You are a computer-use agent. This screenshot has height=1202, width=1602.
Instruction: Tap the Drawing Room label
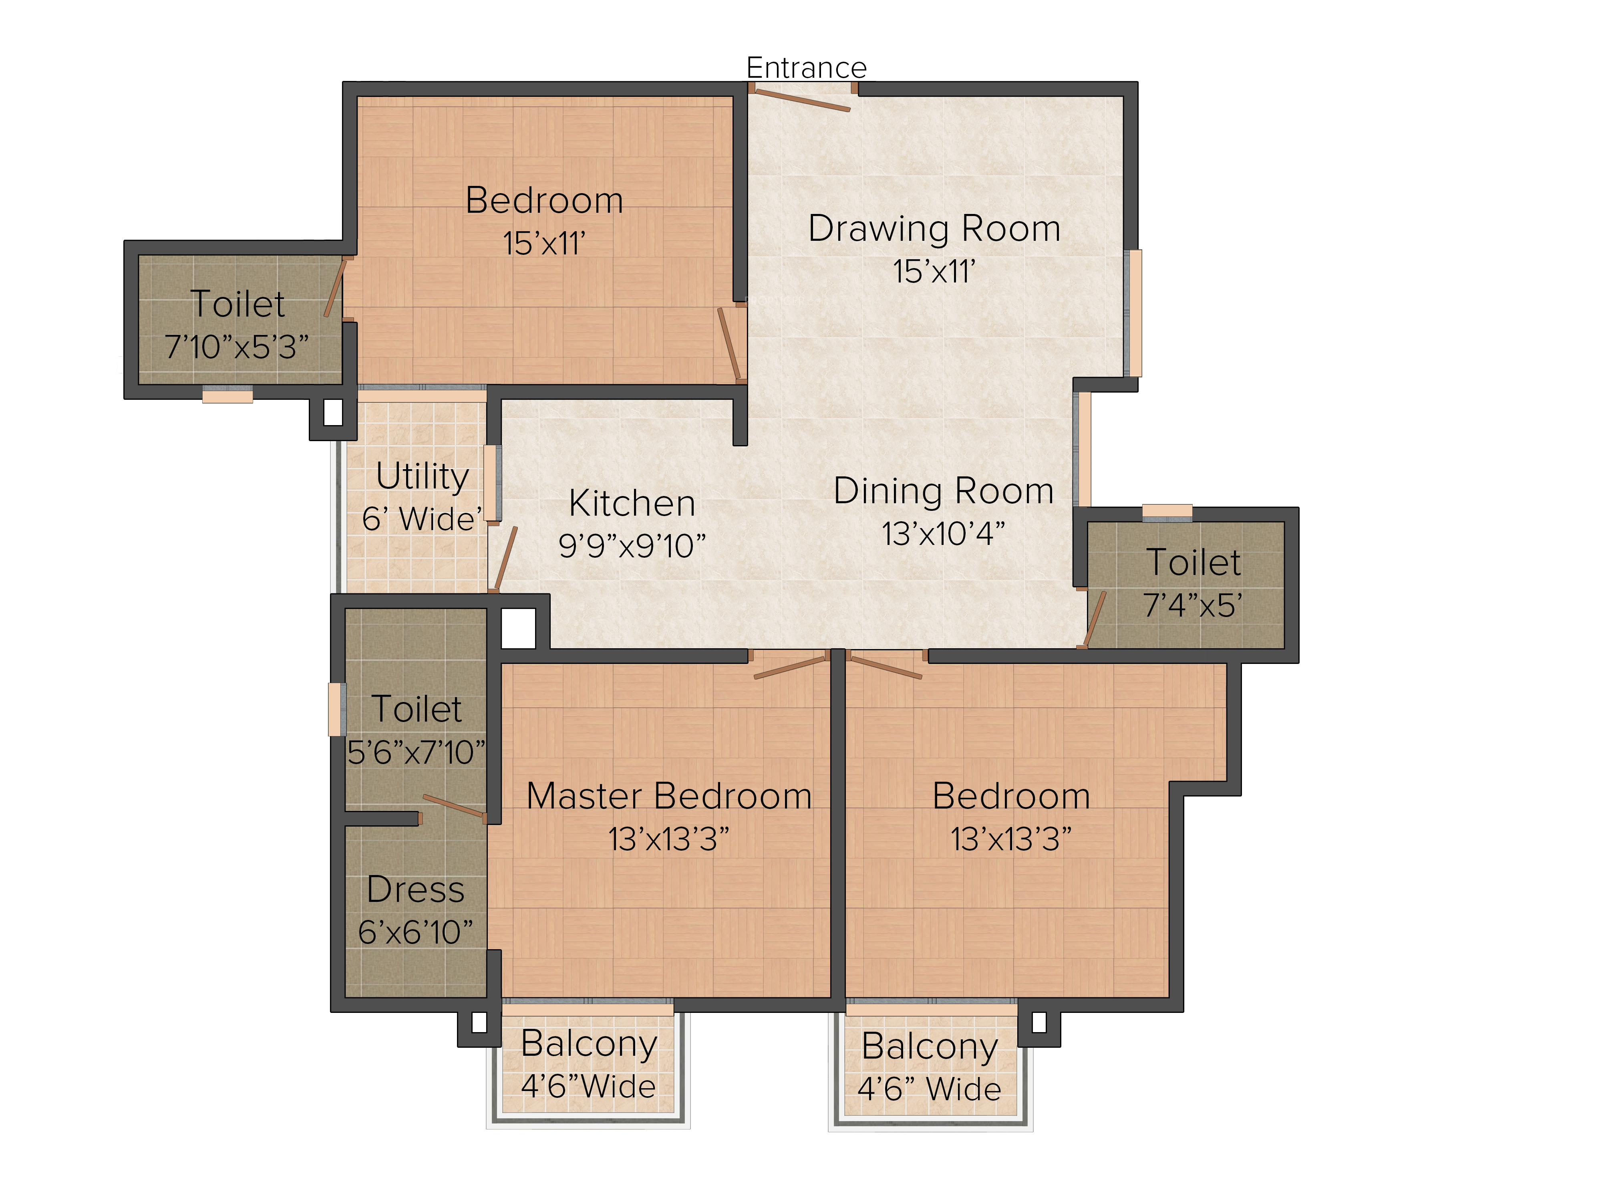tap(934, 228)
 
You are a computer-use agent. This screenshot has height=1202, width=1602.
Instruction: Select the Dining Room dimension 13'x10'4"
tap(943, 534)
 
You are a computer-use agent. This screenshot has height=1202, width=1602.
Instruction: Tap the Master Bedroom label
tap(668, 796)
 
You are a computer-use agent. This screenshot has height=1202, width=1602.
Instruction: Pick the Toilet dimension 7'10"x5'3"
tap(236, 347)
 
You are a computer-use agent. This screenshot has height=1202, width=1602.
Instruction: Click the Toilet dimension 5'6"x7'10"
tap(416, 752)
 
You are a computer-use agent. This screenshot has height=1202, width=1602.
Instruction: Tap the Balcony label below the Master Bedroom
tap(589, 1044)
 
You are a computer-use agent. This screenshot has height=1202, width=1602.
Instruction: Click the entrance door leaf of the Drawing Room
tap(799, 101)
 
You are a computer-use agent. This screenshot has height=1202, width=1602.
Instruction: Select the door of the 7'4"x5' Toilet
tap(1092, 619)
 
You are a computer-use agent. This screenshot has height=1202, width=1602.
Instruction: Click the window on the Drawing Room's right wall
tap(1135, 313)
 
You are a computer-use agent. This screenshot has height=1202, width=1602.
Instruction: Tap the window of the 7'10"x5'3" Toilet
tap(227, 395)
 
